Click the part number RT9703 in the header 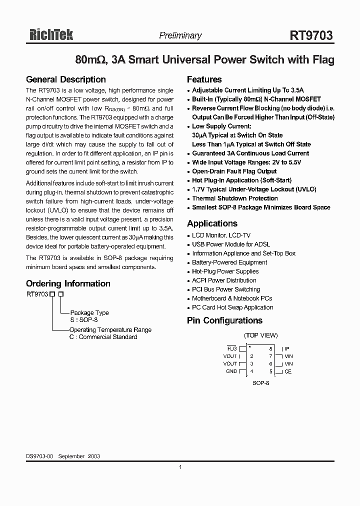[x=311, y=35]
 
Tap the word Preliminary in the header [x=180, y=35]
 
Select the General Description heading [x=65, y=79]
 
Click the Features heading [x=204, y=79]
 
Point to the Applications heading [x=212, y=223]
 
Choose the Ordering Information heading [x=68, y=283]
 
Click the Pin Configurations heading [x=224, y=320]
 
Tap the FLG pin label [x=232, y=348]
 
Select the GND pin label [x=231, y=371]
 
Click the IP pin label [x=287, y=348]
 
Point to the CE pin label [x=288, y=371]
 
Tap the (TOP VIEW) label [x=260, y=335]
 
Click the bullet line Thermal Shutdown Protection [x=235, y=198]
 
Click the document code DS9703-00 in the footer [x=39, y=456]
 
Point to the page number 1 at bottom [x=180, y=467]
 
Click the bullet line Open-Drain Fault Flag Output [x=234, y=171]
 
